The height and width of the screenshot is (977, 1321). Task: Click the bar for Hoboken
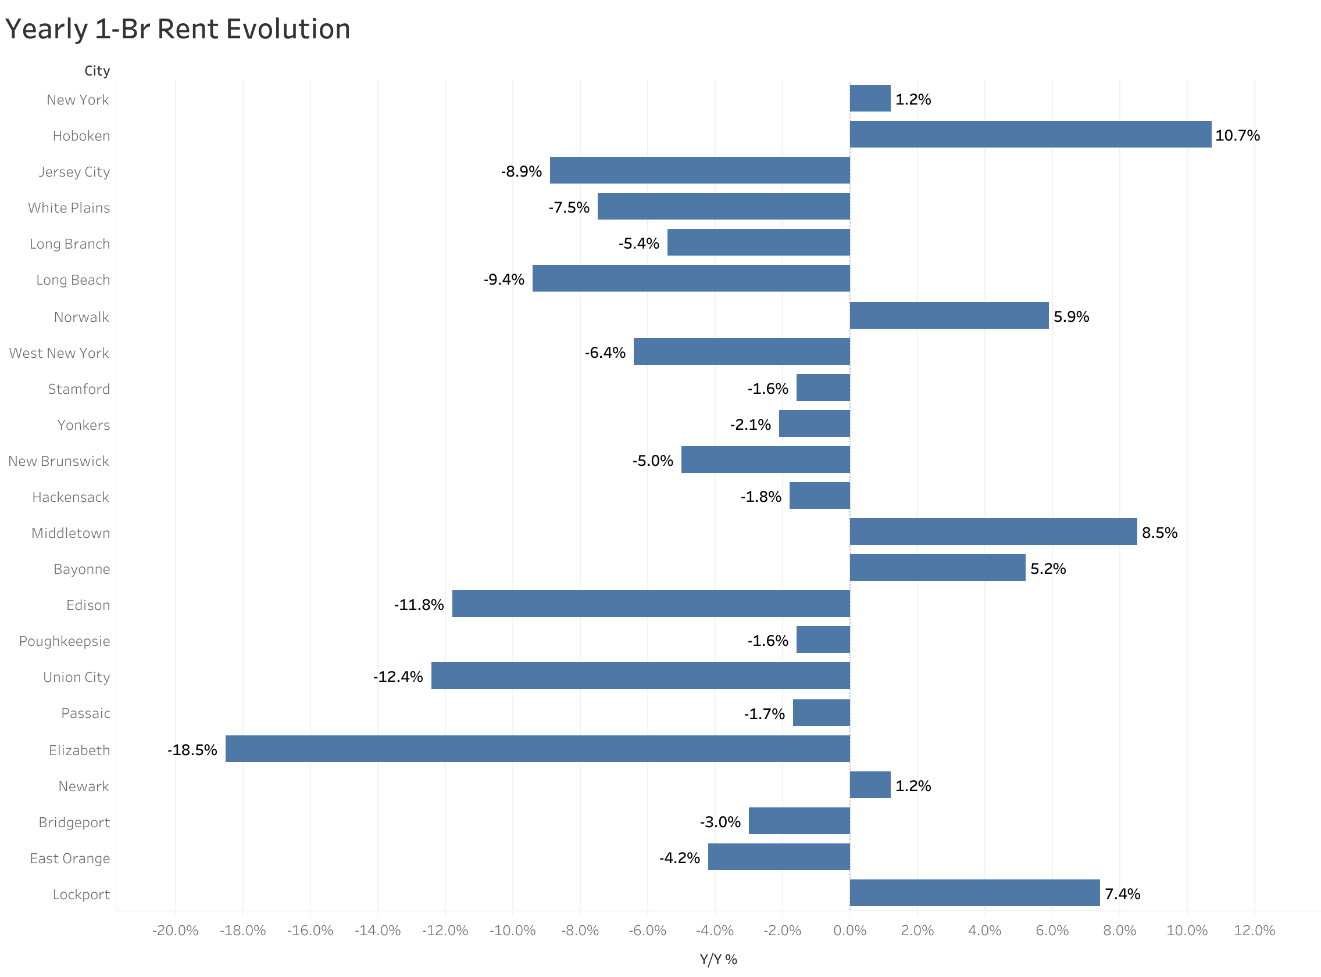(x=1030, y=134)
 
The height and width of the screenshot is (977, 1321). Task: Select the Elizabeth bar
(x=537, y=749)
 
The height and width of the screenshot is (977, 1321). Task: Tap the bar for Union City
(x=640, y=676)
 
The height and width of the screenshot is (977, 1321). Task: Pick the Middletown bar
(x=993, y=531)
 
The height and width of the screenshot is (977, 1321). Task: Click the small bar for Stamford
(x=823, y=387)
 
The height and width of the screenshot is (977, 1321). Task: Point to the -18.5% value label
(x=192, y=750)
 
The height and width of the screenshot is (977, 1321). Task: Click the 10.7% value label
(x=1237, y=135)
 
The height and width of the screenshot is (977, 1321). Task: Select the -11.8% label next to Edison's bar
(x=419, y=605)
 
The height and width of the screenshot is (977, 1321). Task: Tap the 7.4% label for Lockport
(x=1122, y=893)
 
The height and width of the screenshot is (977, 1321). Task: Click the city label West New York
(x=59, y=353)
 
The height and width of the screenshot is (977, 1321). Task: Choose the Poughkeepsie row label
(x=65, y=641)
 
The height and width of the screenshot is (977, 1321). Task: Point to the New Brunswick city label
(x=59, y=461)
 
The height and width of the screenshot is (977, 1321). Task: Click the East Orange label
(x=70, y=858)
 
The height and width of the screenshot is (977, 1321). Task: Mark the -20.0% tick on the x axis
(x=175, y=931)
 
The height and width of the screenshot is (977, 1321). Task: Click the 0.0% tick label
(x=849, y=931)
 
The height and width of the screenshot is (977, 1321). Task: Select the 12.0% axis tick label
(x=1254, y=931)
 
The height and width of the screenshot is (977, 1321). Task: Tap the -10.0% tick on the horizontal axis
(x=512, y=931)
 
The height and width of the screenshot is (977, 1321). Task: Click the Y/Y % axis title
(x=718, y=959)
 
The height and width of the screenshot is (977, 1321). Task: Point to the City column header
(x=97, y=71)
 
